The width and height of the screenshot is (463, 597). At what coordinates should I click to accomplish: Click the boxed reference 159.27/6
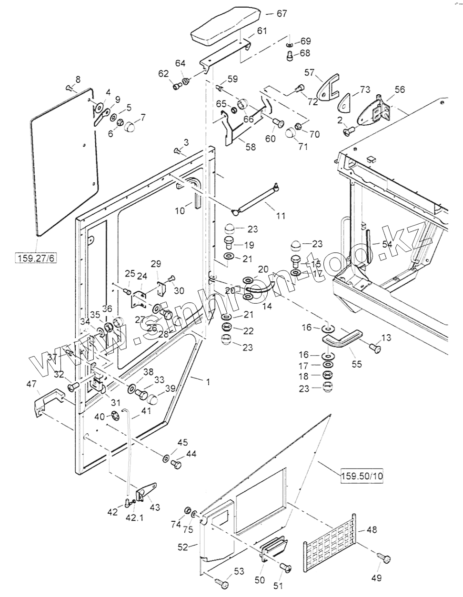tap(36, 259)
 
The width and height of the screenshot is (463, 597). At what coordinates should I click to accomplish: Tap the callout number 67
tap(282, 13)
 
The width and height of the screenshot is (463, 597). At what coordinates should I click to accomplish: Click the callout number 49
tap(376, 578)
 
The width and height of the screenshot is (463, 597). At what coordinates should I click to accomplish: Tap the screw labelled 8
tap(70, 87)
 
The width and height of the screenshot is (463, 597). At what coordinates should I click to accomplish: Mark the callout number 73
tap(365, 89)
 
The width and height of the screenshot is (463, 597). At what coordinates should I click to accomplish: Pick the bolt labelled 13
tap(375, 349)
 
